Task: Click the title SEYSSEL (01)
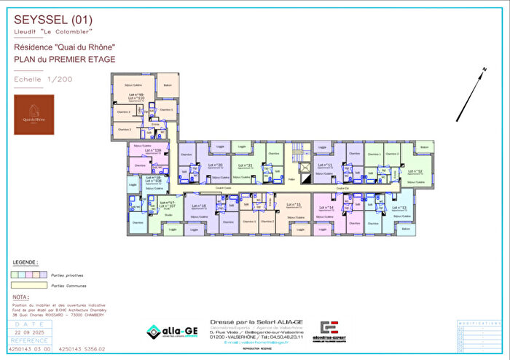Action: click(x=43, y=19)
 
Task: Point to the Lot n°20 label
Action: click(x=216, y=165)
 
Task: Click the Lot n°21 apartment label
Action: click(x=246, y=165)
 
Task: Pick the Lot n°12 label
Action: click(x=415, y=172)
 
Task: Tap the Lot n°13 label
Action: click(x=402, y=208)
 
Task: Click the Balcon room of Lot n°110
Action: click(x=167, y=84)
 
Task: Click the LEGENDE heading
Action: click(x=27, y=261)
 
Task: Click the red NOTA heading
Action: click(x=21, y=297)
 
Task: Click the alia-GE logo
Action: click(x=173, y=332)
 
